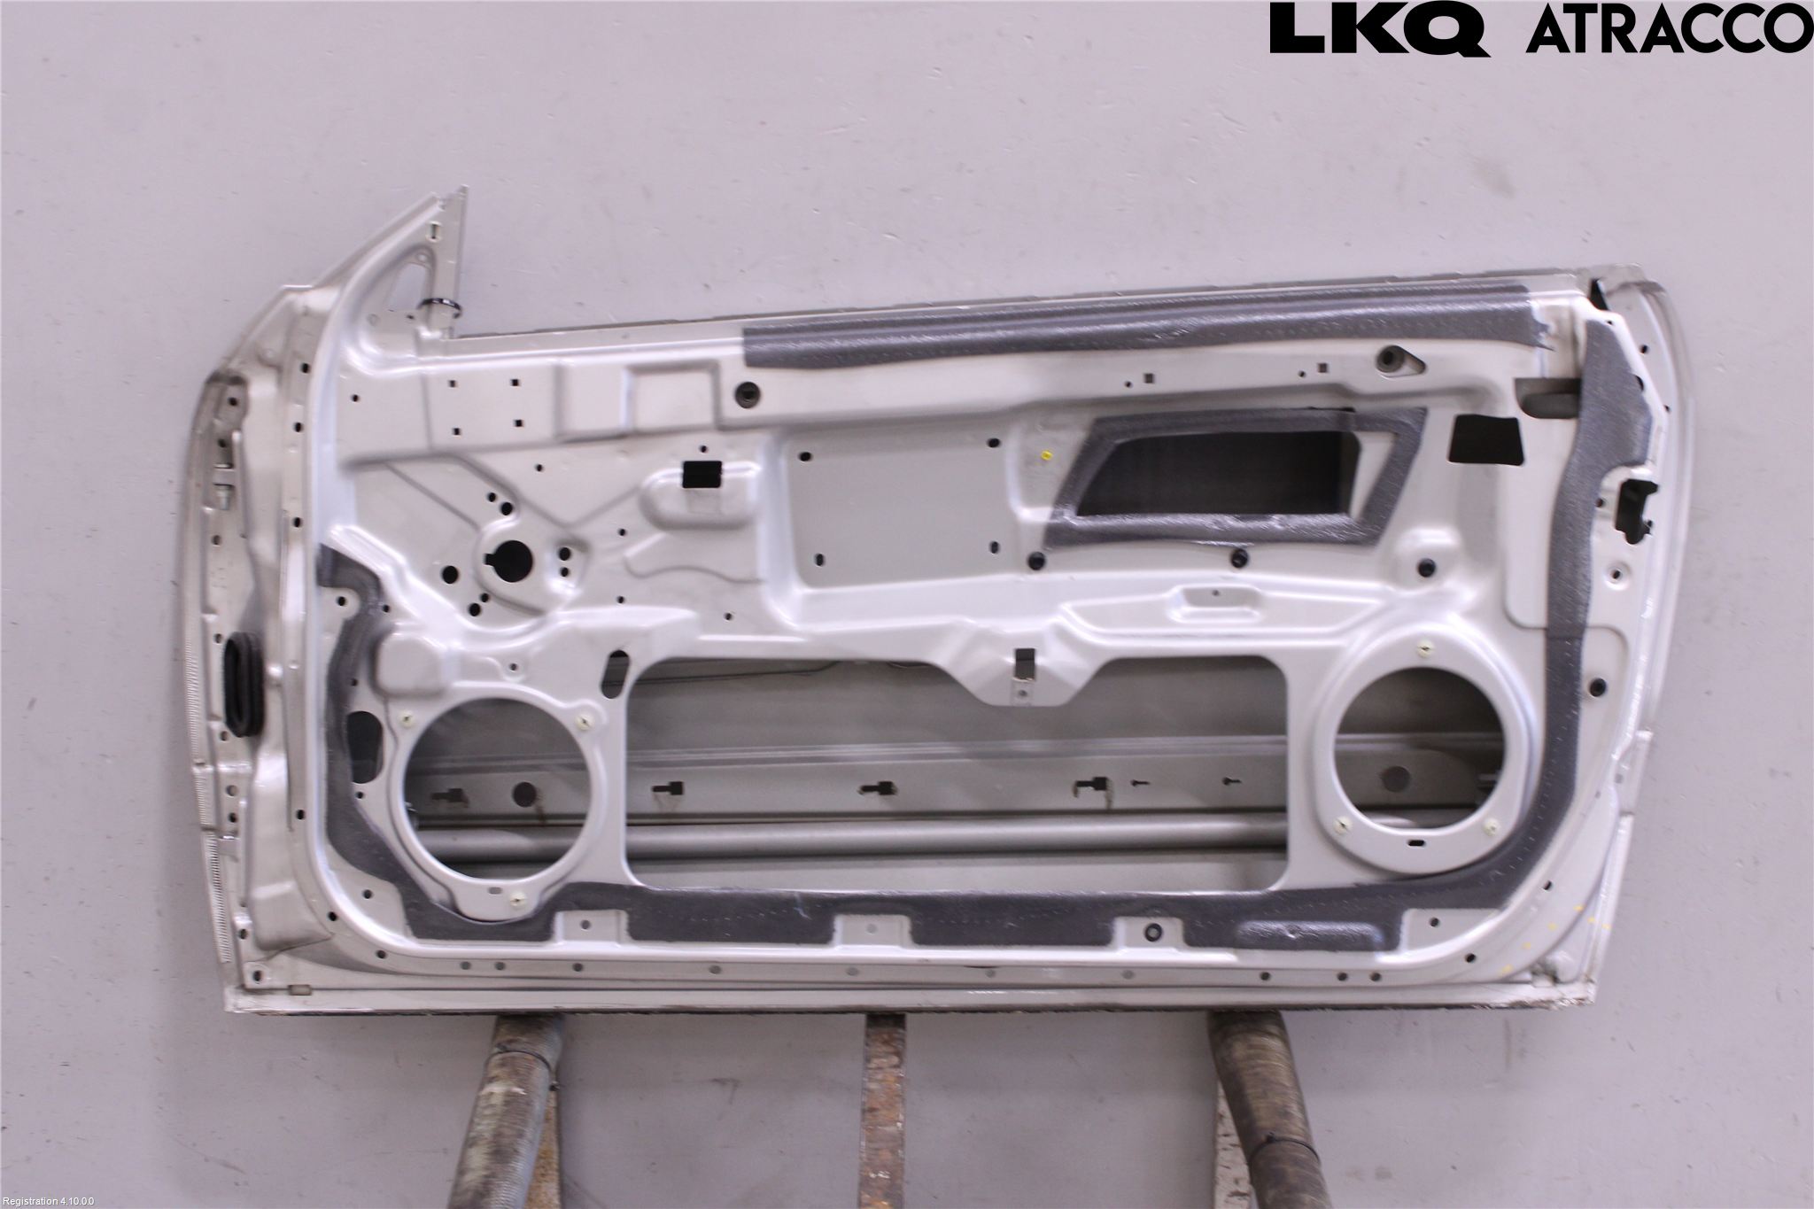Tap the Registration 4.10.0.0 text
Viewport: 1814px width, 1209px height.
[x=48, y=1202]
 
